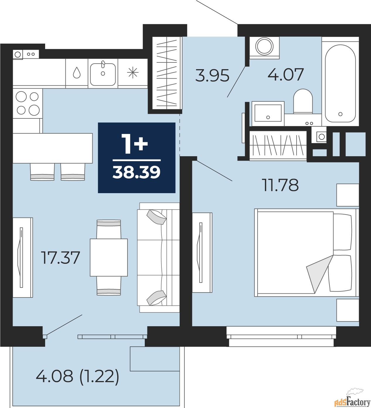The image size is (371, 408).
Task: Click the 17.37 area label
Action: point(60,258)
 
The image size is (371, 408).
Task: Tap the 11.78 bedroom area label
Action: point(281,185)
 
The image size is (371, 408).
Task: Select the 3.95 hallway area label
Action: point(212,75)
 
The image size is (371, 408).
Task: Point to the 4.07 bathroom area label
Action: point(285,74)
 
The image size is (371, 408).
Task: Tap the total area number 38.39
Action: point(137,172)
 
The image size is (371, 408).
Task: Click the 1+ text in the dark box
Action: point(134,144)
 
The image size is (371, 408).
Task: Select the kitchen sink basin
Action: point(103,74)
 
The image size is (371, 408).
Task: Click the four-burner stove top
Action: point(28,104)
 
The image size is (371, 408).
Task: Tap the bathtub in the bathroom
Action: point(340,84)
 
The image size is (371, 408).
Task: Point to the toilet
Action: point(303,101)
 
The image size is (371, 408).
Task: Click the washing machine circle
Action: point(264,46)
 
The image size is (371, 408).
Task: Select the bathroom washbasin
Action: point(268,113)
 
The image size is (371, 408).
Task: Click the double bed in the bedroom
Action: point(305,252)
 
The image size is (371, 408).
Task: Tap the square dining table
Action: point(109,257)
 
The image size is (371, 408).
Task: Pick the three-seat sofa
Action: point(159,257)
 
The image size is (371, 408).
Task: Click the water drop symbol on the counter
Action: point(77,73)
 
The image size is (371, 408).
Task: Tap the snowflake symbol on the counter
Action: point(133,73)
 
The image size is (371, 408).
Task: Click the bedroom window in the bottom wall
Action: point(281,336)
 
